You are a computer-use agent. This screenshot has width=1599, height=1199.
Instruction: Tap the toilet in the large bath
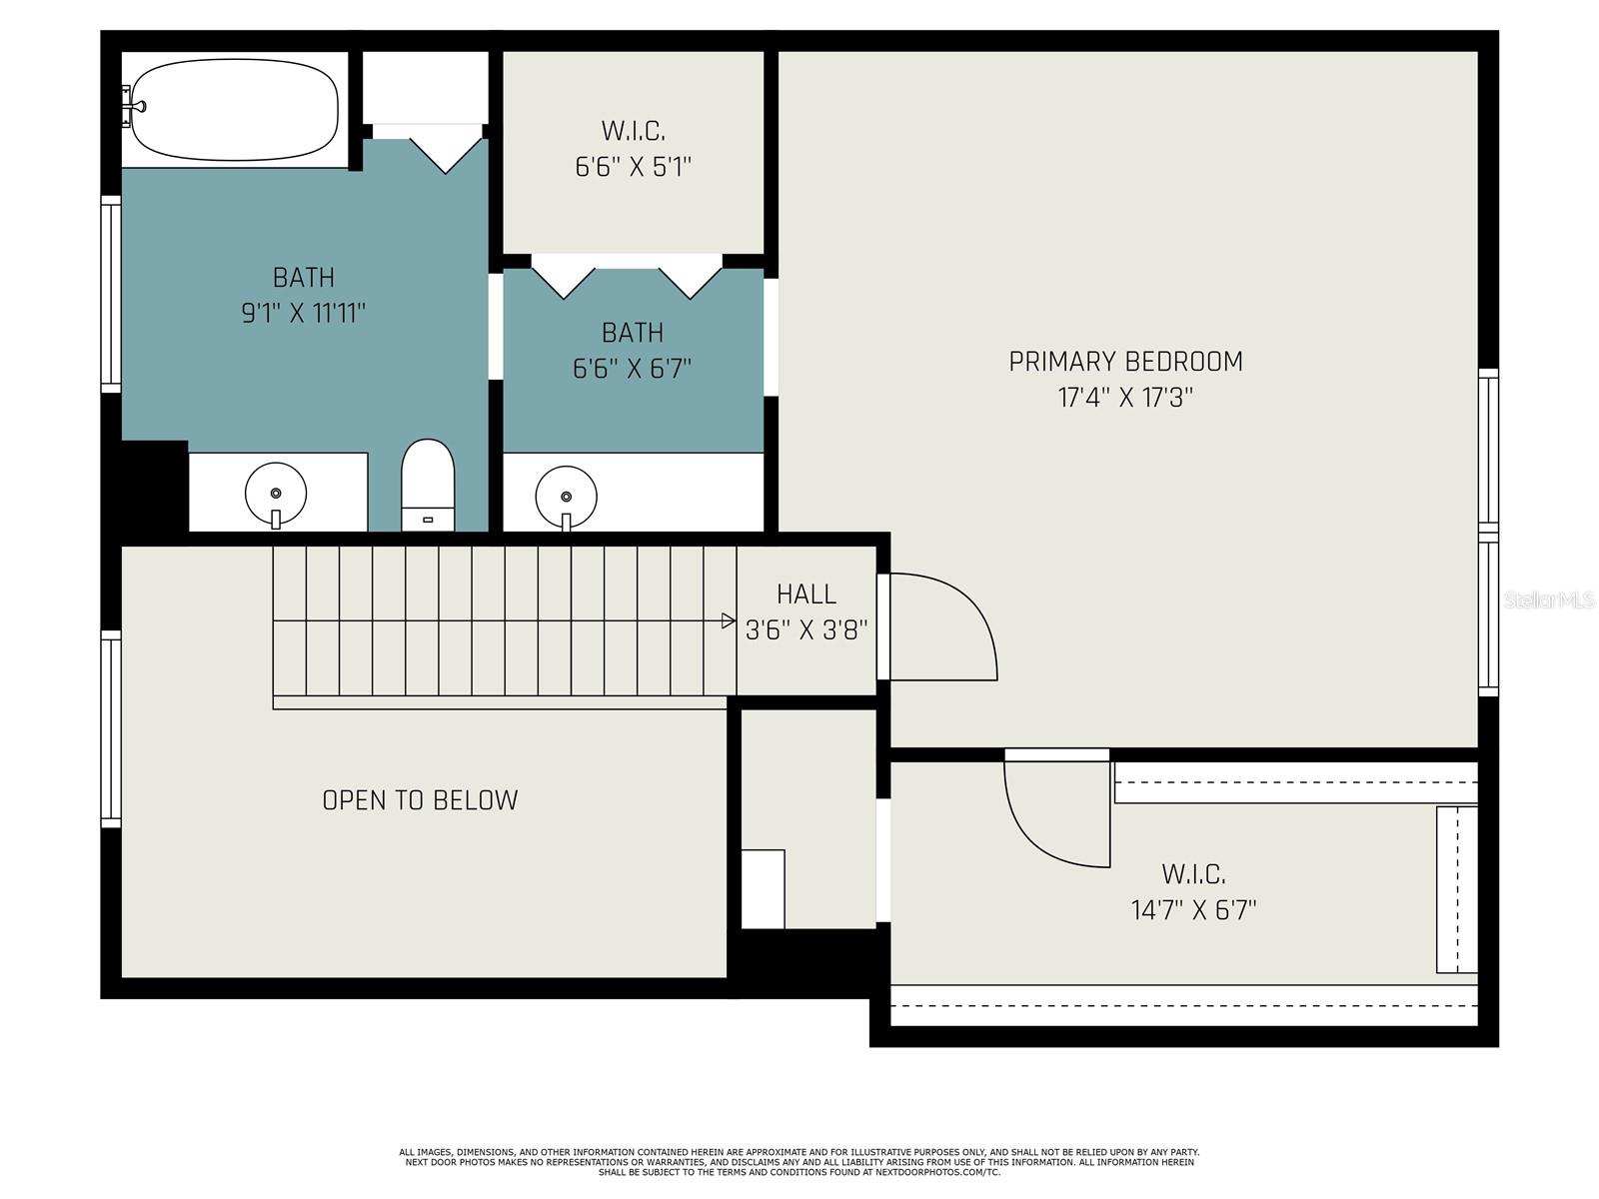[429, 485]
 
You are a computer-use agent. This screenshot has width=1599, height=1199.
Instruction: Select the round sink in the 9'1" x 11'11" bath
[276, 494]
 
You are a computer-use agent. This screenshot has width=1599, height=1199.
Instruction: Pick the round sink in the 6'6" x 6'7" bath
[566, 498]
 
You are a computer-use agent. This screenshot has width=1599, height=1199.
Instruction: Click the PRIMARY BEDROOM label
[1125, 362]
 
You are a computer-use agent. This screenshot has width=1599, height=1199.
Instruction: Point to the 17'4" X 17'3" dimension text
[1125, 398]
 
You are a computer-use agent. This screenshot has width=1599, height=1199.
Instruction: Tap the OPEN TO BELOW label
[420, 800]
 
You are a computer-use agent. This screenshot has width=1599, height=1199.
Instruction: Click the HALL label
[806, 595]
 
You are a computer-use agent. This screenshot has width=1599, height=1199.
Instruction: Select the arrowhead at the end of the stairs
[728, 620]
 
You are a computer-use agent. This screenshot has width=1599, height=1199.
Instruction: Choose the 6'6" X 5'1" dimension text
[633, 168]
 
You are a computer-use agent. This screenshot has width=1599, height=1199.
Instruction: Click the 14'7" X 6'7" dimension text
[1193, 910]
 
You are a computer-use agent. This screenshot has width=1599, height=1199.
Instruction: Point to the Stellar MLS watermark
[1549, 599]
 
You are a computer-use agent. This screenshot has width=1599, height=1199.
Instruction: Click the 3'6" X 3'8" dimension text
[806, 629]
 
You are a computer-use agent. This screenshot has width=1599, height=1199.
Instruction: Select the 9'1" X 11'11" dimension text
[303, 313]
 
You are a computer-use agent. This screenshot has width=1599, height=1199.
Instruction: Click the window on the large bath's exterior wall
[111, 294]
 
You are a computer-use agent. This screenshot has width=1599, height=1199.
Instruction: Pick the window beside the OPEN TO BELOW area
[111, 728]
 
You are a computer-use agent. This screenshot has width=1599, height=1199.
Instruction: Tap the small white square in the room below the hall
[763, 889]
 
